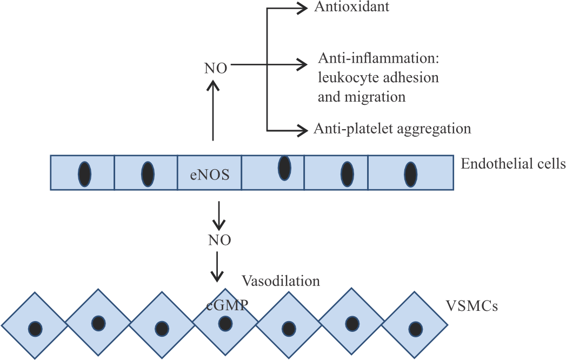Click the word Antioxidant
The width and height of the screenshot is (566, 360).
(352, 7)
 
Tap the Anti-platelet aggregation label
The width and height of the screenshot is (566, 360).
(392, 129)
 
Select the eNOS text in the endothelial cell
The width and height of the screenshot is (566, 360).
(209, 175)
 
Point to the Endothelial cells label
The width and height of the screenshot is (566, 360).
(512, 164)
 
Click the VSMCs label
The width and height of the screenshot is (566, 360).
(471, 306)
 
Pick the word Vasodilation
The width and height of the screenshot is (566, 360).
(281, 281)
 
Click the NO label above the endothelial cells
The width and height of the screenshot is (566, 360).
(215, 68)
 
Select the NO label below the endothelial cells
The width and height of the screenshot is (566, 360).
(219, 240)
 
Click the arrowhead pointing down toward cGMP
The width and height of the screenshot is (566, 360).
(217, 278)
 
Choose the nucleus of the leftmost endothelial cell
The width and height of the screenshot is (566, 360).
(84, 174)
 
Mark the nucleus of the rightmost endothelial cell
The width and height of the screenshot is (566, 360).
(411, 174)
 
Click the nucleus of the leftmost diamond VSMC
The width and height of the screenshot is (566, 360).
(35, 328)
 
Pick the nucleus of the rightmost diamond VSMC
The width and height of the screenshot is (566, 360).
(416, 328)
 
